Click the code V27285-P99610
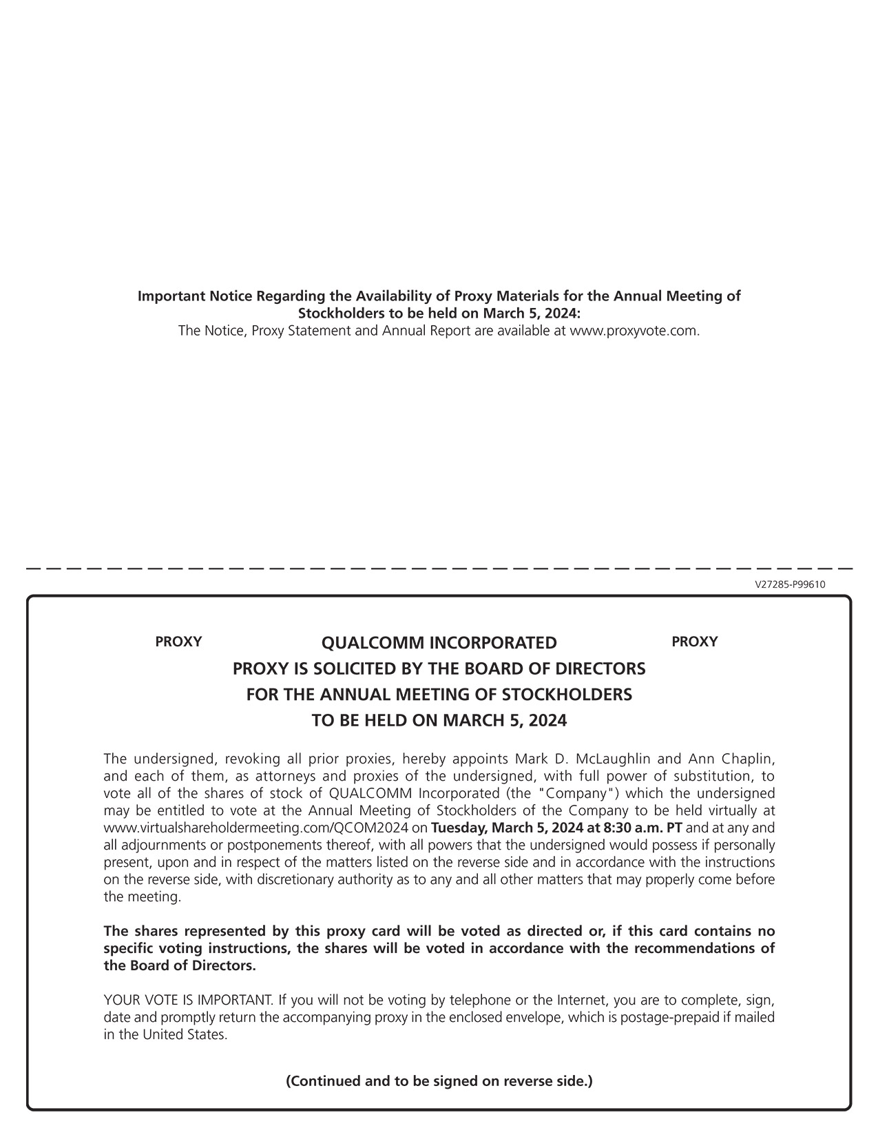pos(790,584)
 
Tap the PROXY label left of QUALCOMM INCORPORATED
pos(178,642)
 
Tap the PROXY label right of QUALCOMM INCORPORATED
pos(694,642)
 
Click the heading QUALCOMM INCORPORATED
pos(439,643)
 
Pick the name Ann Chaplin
pos(731,759)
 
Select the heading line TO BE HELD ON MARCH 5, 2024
pos(439,721)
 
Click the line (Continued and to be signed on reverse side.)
pos(439,1081)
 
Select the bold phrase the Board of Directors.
pos(180,966)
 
